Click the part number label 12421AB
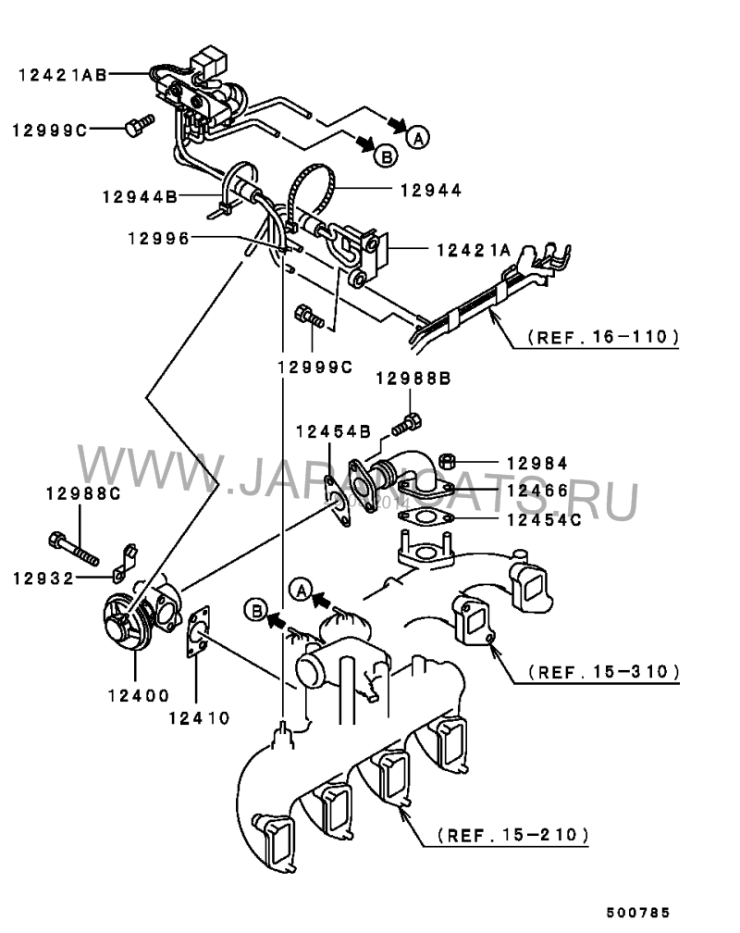pyautogui.click(x=63, y=75)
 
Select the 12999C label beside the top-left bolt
pyautogui.click(x=50, y=131)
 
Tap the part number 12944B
pyautogui.click(x=141, y=196)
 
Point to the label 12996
pyautogui.click(x=159, y=239)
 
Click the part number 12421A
pyautogui.click(x=475, y=251)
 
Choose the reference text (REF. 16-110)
pyautogui.click(x=603, y=337)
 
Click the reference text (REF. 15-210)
pyautogui.click(x=512, y=835)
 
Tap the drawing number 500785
pyautogui.click(x=638, y=913)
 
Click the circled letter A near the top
pyautogui.click(x=419, y=138)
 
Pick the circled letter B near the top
pyautogui.click(x=387, y=156)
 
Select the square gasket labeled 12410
pyautogui.click(x=198, y=632)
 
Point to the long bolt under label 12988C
pyautogui.click(x=73, y=550)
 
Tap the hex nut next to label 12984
pyautogui.click(x=447, y=461)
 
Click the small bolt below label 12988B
pyautogui.click(x=407, y=424)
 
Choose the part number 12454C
pyautogui.click(x=544, y=520)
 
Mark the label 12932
pyautogui.click(x=44, y=578)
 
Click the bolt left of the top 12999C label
pyautogui.click(x=140, y=125)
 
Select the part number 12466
pyautogui.click(x=538, y=491)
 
